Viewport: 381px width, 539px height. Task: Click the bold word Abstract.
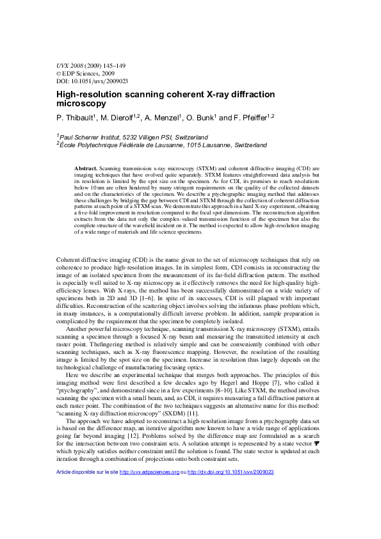(x=86, y=168)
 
